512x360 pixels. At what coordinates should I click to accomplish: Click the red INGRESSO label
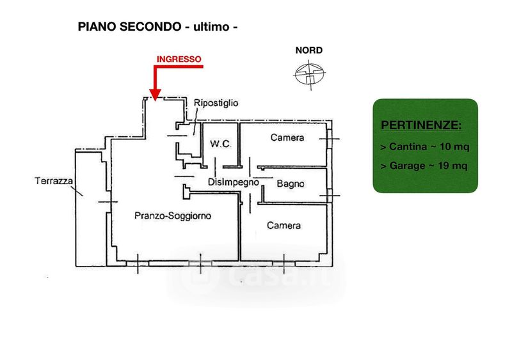tap(179, 59)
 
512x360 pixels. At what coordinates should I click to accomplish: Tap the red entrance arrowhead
tap(155, 95)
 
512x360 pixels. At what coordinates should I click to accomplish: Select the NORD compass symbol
tap(309, 74)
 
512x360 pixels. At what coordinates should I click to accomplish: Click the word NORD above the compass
tap(309, 51)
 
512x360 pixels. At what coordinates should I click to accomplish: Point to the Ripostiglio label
tap(216, 103)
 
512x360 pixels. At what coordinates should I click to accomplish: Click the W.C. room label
tap(221, 144)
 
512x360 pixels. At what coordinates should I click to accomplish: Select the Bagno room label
tap(291, 184)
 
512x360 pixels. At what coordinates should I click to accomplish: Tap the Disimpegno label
tap(234, 182)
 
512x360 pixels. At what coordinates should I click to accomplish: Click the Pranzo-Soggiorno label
tap(173, 215)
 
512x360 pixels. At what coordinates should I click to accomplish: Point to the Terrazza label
tap(54, 181)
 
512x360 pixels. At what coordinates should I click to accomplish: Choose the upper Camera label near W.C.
tap(287, 137)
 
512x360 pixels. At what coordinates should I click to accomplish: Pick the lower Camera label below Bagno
tap(284, 226)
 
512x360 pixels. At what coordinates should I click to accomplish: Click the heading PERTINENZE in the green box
tap(421, 125)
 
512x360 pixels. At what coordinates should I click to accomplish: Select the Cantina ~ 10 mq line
tap(425, 146)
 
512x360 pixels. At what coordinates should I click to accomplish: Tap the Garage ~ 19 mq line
tap(424, 166)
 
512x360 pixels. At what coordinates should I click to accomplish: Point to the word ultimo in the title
tap(212, 27)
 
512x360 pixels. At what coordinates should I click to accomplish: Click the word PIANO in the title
tap(97, 26)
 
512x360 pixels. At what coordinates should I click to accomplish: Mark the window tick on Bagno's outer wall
tap(330, 196)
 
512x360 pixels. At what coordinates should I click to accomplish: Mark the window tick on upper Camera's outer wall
tap(329, 139)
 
